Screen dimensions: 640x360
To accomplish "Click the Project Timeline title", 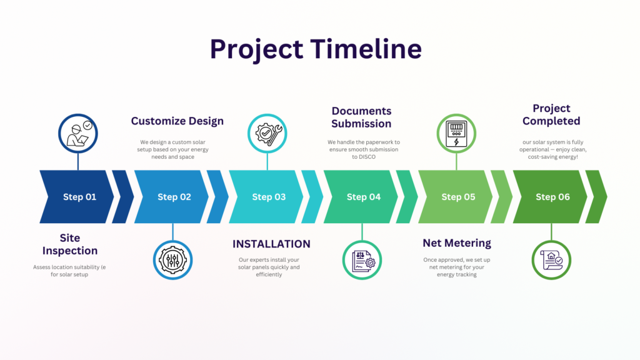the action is [x=316, y=49].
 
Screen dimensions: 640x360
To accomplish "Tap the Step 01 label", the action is [x=79, y=197].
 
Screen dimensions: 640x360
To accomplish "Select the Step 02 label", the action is [x=174, y=197].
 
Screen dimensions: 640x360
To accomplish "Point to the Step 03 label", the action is [x=269, y=197].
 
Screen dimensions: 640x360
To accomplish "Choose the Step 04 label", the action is [x=364, y=197].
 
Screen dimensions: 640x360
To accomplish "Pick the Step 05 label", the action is [x=458, y=197].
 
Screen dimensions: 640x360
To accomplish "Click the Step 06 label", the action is [x=552, y=197].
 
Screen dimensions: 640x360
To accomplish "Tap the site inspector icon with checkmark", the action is [x=78, y=134].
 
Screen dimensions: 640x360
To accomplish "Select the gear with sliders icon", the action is [x=172, y=260].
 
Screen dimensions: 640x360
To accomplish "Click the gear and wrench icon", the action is [x=267, y=134].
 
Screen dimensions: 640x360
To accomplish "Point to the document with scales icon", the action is [x=362, y=260].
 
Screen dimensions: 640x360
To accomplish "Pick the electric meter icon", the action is [x=456, y=134].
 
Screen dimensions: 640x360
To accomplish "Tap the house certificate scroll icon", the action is [x=551, y=260].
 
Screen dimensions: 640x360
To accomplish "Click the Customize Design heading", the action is [x=177, y=121].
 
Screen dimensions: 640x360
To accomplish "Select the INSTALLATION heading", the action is [x=271, y=244].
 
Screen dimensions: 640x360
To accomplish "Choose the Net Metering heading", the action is [x=457, y=243].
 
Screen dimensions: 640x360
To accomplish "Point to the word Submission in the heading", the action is [x=361, y=124].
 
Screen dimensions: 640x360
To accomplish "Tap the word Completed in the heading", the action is [x=551, y=121].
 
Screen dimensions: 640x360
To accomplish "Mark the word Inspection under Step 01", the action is [x=70, y=251].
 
